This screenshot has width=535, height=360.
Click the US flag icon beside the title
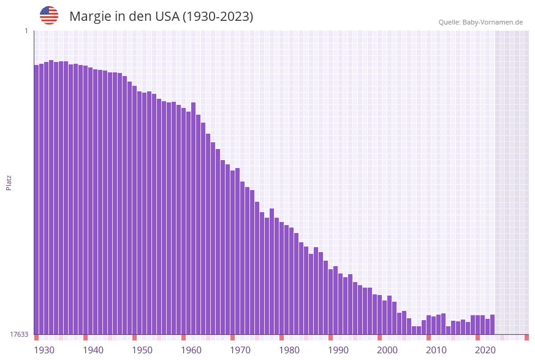49,15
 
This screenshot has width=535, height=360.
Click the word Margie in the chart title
89,17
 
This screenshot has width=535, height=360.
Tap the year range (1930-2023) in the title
218,17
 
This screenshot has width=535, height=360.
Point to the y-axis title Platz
9,182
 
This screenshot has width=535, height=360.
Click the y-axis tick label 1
26,31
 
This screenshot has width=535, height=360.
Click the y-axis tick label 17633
19,334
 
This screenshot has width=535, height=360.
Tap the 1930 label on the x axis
44,350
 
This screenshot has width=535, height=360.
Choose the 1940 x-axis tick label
93,350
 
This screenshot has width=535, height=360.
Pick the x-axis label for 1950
142,350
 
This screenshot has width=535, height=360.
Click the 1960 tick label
191,350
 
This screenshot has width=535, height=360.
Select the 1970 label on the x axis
240,350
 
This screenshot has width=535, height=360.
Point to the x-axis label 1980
289,350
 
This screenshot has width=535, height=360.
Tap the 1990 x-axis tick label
338,350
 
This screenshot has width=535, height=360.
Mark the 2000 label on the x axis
387,350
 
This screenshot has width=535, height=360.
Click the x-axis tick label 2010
436,350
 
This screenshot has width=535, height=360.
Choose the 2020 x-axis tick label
485,350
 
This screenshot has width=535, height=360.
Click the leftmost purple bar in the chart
36,199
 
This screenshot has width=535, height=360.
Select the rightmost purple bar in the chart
492,324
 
